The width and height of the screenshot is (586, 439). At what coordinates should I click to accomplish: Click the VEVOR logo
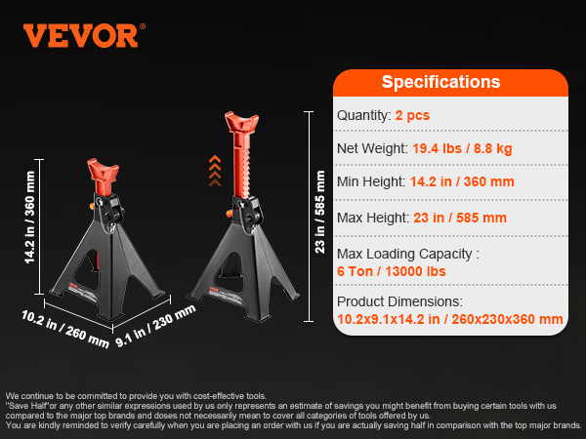point(80,36)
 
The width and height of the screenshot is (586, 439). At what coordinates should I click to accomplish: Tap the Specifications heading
point(440,82)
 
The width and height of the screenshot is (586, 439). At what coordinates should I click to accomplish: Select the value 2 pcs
point(412,115)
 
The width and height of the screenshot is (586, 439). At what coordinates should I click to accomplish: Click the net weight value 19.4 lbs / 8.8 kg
point(462,148)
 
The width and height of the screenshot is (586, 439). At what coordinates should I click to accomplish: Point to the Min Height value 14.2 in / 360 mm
point(462,181)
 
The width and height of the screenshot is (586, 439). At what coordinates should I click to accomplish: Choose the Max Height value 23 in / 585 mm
point(460,218)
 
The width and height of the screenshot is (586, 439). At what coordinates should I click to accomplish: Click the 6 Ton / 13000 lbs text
point(392,271)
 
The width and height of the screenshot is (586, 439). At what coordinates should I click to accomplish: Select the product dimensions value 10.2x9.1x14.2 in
point(389,319)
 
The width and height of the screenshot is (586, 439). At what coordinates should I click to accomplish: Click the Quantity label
point(362,116)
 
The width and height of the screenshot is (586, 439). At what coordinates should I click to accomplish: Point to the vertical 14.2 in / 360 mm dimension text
point(29,218)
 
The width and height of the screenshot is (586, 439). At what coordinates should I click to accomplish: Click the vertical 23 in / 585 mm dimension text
point(320,212)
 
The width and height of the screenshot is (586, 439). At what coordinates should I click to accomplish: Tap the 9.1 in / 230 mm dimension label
point(155,326)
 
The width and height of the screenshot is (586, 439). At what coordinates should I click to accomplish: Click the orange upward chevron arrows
point(215,171)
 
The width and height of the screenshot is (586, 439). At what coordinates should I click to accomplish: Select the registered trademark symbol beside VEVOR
point(143,26)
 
